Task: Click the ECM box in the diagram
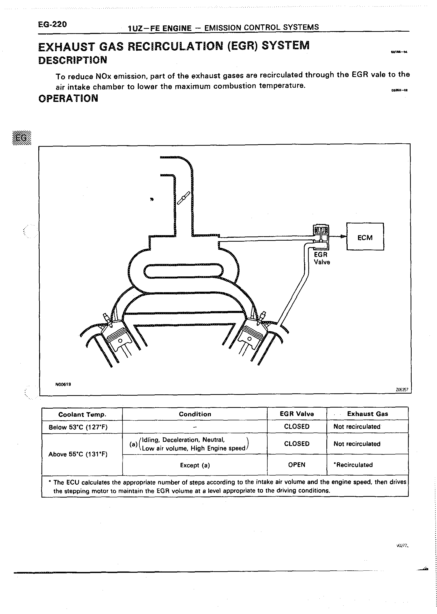365,236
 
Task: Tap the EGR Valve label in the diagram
321,258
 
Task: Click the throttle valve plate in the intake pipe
183,198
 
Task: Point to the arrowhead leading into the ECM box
343,236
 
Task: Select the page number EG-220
53,25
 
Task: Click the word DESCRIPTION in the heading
73,60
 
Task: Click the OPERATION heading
68,98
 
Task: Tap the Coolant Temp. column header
82,414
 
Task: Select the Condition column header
195,414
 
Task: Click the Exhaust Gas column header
367,414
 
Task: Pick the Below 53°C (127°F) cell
78,427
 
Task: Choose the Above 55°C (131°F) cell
78,454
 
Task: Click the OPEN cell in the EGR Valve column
297,465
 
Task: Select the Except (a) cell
195,465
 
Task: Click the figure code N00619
63,384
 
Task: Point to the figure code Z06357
402,390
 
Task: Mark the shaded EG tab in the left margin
22,138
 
